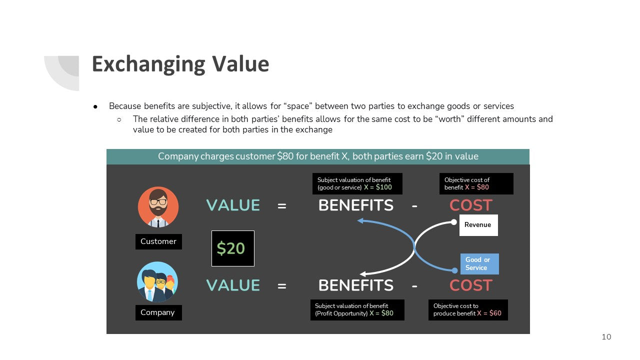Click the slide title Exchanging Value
point(180,64)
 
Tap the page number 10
point(606,337)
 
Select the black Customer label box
point(158,241)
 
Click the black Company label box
point(158,312)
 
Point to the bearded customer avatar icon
point(158,207)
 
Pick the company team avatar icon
point(157,282)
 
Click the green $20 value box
point(233,248)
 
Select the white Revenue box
point(478,225)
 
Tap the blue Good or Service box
point(479,263)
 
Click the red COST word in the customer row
point(471,205)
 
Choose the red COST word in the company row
point(471,285)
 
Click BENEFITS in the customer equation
point(355,205)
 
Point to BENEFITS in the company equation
point(355,285)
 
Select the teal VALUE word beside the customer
point(233,205)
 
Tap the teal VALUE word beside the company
point(233,285)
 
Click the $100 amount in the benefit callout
point(383,187)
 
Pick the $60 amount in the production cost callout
point(495,313)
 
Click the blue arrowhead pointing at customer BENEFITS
point(360,220)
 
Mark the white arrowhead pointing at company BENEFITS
point(362,274)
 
